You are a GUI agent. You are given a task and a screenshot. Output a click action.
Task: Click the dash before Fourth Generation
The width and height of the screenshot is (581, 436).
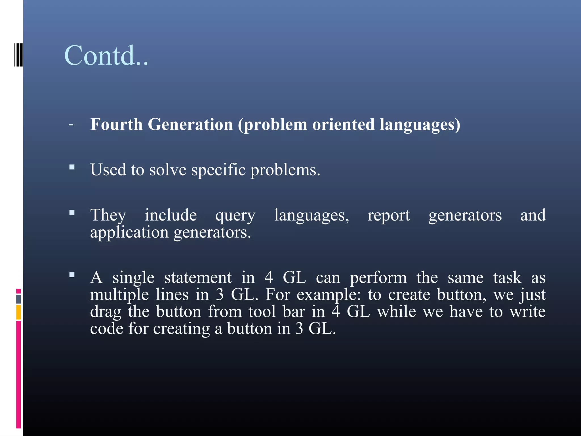[71, 124]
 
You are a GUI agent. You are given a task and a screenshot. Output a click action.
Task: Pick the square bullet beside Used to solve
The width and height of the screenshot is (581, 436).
[72, 167]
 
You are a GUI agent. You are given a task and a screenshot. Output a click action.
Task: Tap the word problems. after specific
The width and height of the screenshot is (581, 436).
[285, 170]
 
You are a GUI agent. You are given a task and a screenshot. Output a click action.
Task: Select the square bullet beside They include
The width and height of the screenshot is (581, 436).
[72, 212]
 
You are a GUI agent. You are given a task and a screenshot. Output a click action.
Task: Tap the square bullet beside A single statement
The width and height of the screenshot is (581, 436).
[72, 275]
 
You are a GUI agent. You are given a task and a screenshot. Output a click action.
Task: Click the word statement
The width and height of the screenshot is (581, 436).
[198, 278]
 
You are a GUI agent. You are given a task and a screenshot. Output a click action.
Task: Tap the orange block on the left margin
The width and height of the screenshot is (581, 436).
[18, 312]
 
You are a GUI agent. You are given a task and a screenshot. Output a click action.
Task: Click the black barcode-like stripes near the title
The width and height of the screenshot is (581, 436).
[18, 54]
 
